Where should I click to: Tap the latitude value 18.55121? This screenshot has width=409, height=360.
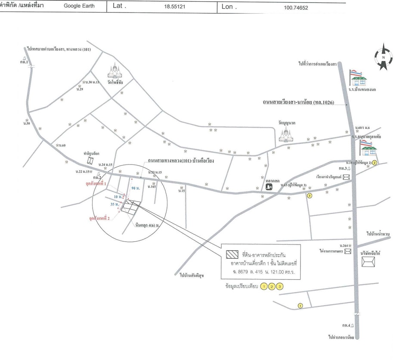(174, 7)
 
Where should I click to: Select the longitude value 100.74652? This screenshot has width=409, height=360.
(296, 8)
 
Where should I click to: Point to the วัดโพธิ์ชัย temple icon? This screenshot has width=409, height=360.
(115, 71)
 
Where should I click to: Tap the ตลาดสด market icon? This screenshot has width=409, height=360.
(270, 187)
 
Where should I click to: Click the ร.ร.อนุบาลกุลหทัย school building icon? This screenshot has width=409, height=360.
(369, 149)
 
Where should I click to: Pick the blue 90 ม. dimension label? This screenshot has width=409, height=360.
(135, 189)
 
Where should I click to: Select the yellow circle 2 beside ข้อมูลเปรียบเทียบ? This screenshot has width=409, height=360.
(272, 286)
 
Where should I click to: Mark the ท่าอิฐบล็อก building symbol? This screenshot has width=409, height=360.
(91, 161)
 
